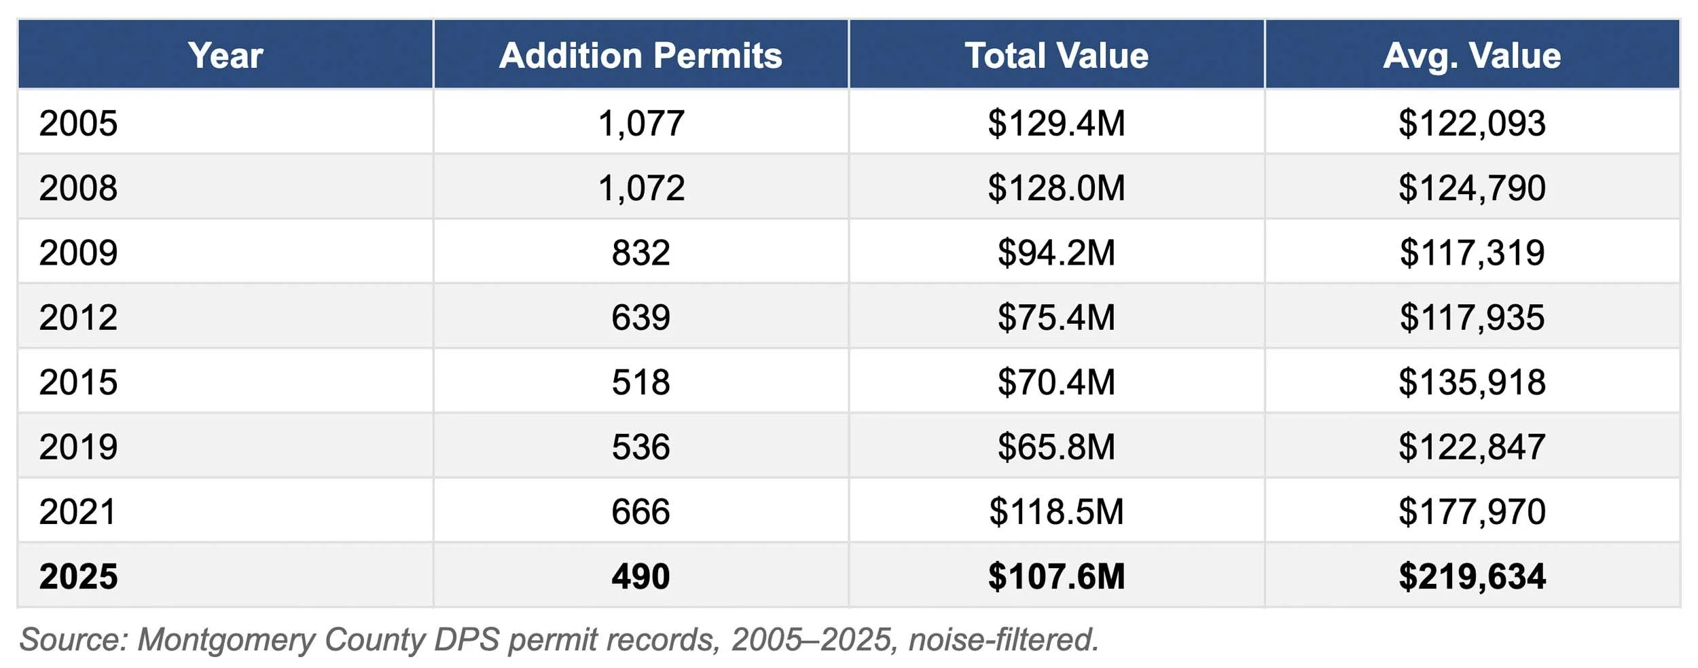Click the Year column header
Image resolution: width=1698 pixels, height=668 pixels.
pyautogui.click(x=225, y=55)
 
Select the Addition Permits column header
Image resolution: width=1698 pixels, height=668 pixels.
pyautogui.click(x=640, y=55)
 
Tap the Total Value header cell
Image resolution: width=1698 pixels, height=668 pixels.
pyautogui.click(x=1056, y=55)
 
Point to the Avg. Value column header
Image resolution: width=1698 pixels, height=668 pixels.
pyautogui.click(x=1472, y=55)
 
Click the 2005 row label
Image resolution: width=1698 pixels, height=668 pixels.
pyautogui.click(x=78, y=123)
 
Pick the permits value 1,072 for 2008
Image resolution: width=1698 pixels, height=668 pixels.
pyautogui.click(x=640, y=187)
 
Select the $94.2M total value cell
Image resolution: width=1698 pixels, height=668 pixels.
pyautogui.click(x=1056, y=253)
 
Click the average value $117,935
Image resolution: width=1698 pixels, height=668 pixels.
pyautogui.click(x=1472, y=317)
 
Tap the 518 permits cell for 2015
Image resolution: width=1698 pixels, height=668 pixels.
pyautogui.click(x=640, y=382)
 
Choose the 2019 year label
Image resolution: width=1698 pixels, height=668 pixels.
pyautogui.click(x=78, y=447)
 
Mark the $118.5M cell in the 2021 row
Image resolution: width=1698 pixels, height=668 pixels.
pyautogui.click(x=1056, y=511)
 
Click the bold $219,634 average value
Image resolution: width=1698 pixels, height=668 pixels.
pyautogui.click(x=1472, y=576)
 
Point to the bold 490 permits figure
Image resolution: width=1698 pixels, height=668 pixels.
pyautogui.click(x=640, y=576)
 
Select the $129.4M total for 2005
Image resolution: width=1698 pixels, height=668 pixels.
pyautogui.click(x=1056, y=123)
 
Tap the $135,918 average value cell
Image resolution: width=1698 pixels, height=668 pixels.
pyautogui.click(x=1472, y=382)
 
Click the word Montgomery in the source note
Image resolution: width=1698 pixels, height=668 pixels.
pyautogui.click(x=226, y=639)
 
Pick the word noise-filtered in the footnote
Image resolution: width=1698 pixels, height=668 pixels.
pyautogui.click(x=1003, y=639)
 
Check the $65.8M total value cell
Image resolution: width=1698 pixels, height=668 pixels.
pyautogui.click(x=1056, y=447)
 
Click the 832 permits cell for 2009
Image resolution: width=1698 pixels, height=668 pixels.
pyautogui.click(x=640, y=253)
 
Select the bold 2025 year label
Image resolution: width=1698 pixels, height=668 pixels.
pyautogui.click(x=78, y=576)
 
